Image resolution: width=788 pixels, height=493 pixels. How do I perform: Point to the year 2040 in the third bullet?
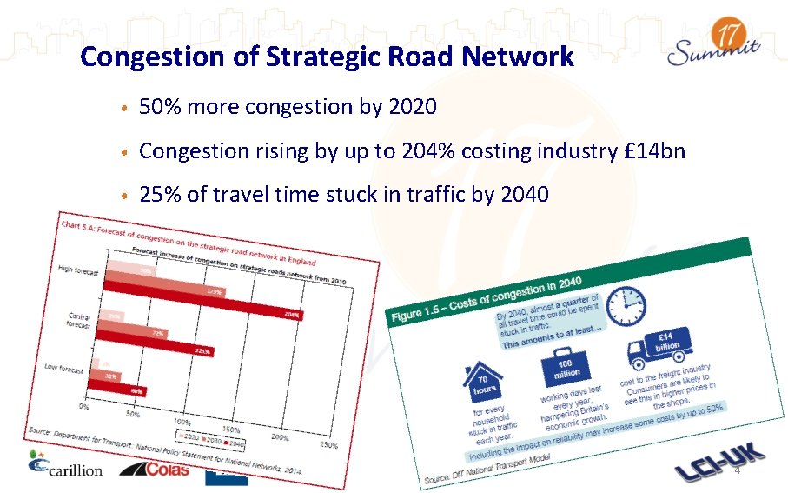pos(525,194)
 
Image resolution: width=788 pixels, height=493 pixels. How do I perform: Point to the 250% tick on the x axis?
pos(328,445)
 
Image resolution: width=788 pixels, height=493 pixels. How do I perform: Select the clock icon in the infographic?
pos(628,306)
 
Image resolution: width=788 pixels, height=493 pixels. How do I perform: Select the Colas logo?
pos(154,469)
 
